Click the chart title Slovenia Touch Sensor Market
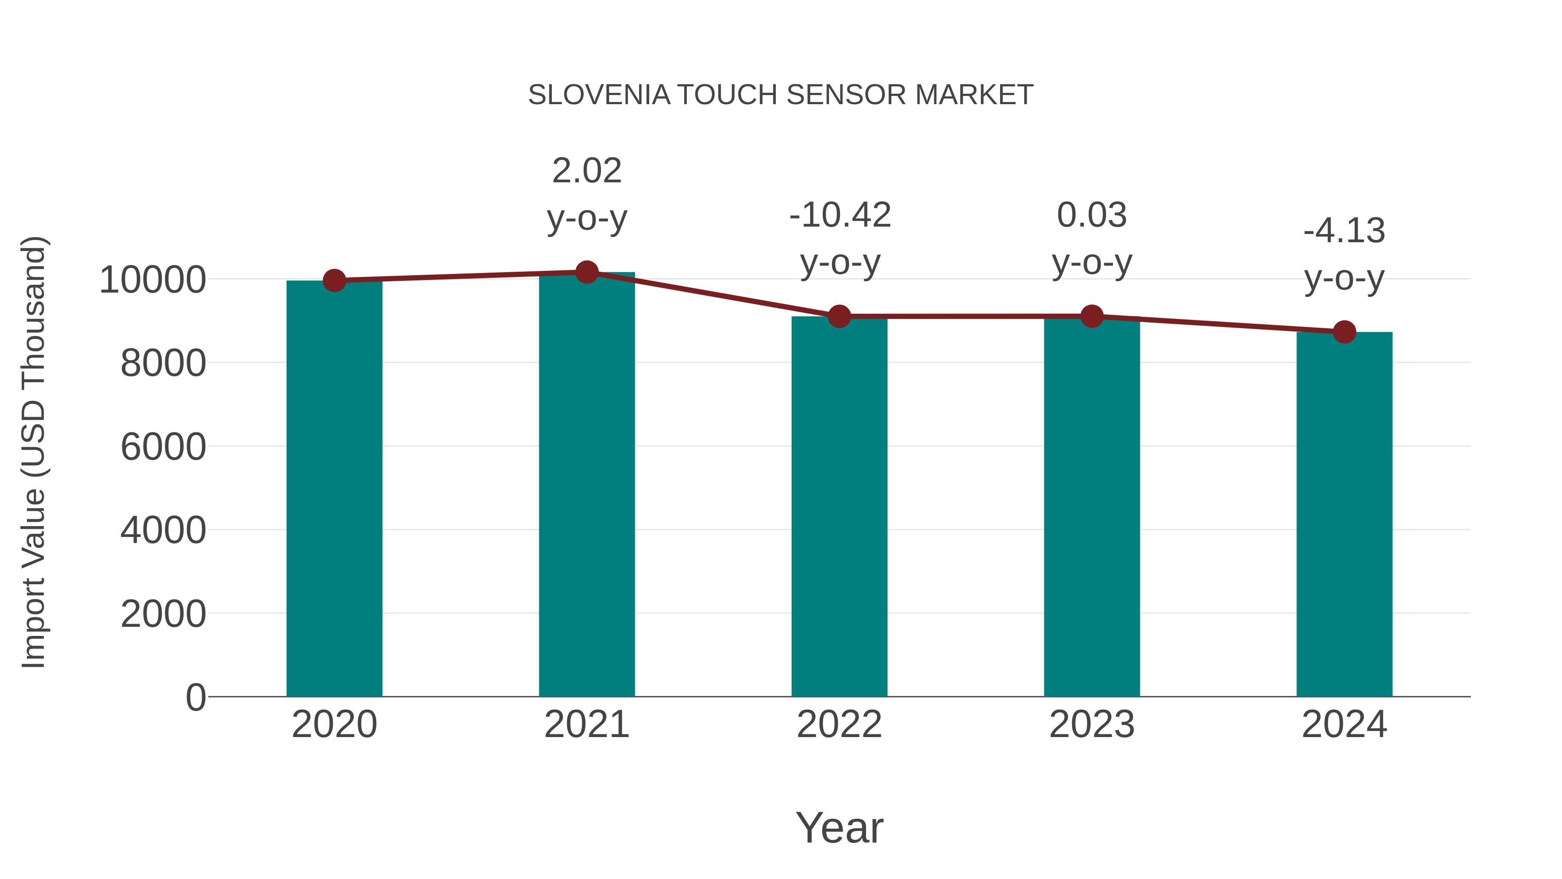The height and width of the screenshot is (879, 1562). [x=781, y=95]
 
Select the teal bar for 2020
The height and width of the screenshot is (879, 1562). [x=334, y=488]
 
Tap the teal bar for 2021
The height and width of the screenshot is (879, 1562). [x=586, y=485]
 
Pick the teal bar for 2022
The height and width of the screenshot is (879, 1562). [x=839, y=507]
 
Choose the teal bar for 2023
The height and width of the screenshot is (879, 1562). [x=1092, y=507]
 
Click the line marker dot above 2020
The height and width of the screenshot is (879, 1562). [x=334, y=280]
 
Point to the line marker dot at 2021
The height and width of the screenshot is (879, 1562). [x=586, y=272]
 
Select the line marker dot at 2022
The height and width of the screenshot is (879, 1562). [x=839, y=316]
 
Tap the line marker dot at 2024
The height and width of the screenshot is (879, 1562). [x=1344, y=332]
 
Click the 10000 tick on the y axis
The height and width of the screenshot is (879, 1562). [x=152, y=280]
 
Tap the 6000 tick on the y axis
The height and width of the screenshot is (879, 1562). [x=163, y=447]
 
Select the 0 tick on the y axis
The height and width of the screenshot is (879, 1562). [x=195, y=697]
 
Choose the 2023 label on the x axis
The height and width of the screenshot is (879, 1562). [x=1092, y=724]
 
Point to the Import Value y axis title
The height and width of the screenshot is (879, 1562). [x=33, y=452]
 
